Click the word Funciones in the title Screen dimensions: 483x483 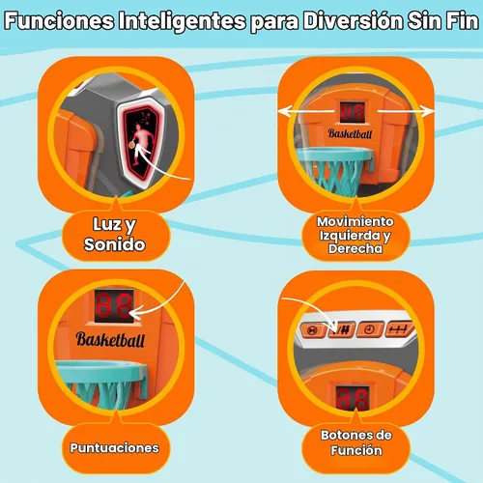(x=59, y=21)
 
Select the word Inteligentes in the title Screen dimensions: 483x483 (x=183, y=22)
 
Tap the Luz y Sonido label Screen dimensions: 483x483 (x=115, y=234)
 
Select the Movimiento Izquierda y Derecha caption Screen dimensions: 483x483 (x=355, y=235)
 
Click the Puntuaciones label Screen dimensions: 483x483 (x=115, y=448)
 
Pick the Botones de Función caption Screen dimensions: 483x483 (x=356, y=442)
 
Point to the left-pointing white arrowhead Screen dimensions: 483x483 (x=286, y=111)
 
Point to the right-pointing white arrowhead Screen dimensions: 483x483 (x=427, y=111)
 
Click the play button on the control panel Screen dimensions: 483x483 (x=312, y=330)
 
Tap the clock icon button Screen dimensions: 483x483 (x=370, y=329)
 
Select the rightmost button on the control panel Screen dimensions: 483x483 (x=398, y=329)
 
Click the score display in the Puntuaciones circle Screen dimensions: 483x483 (x=114, y=306)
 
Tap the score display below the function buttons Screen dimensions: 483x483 (x=353, y=398)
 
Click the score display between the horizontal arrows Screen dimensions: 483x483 (x=353, y=112)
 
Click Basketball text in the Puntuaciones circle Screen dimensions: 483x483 (x=110, y=339)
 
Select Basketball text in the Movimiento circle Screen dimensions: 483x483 (x=350, y=133)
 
